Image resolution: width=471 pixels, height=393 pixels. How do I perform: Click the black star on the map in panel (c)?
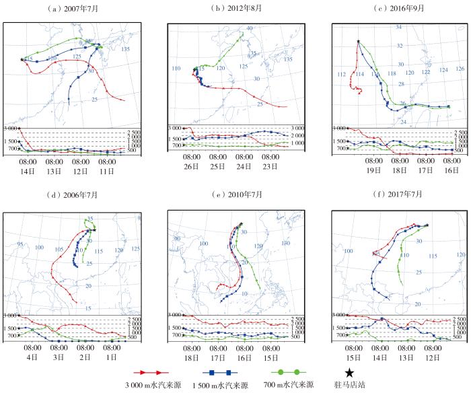[358, 41]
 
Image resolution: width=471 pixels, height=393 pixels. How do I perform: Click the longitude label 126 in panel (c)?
[460, 69]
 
